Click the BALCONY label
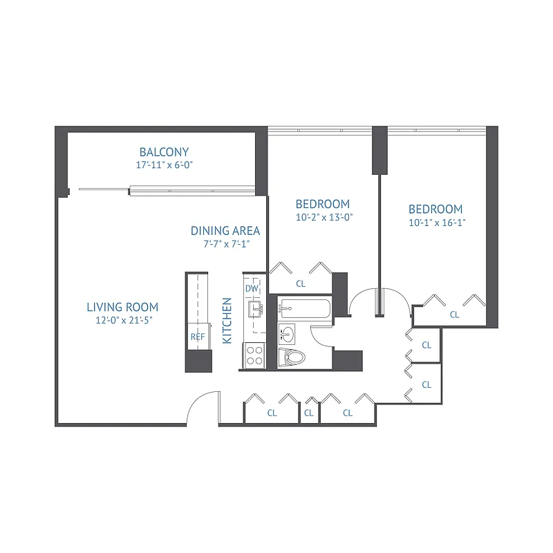tap(164, 152)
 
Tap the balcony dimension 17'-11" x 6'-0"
tap(164, 166)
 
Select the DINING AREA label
tap(225, 231)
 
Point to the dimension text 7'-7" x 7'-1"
tap(225, 244)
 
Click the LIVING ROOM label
tap(122, 307)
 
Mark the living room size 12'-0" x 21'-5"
tap(122, 321)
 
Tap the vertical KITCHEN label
tap(226, 321)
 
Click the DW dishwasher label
tap(251, 289)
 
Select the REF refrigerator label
tap(198, 337)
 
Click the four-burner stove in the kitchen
tap(254, 355)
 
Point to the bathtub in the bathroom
tap(305, 308)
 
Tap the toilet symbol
tap(293, 357)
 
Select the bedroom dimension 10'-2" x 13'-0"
tap(323, 217)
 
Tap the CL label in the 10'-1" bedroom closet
tap(454, 315)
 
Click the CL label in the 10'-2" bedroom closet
tap(301, 283)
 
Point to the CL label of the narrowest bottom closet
tap(309, 413)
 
